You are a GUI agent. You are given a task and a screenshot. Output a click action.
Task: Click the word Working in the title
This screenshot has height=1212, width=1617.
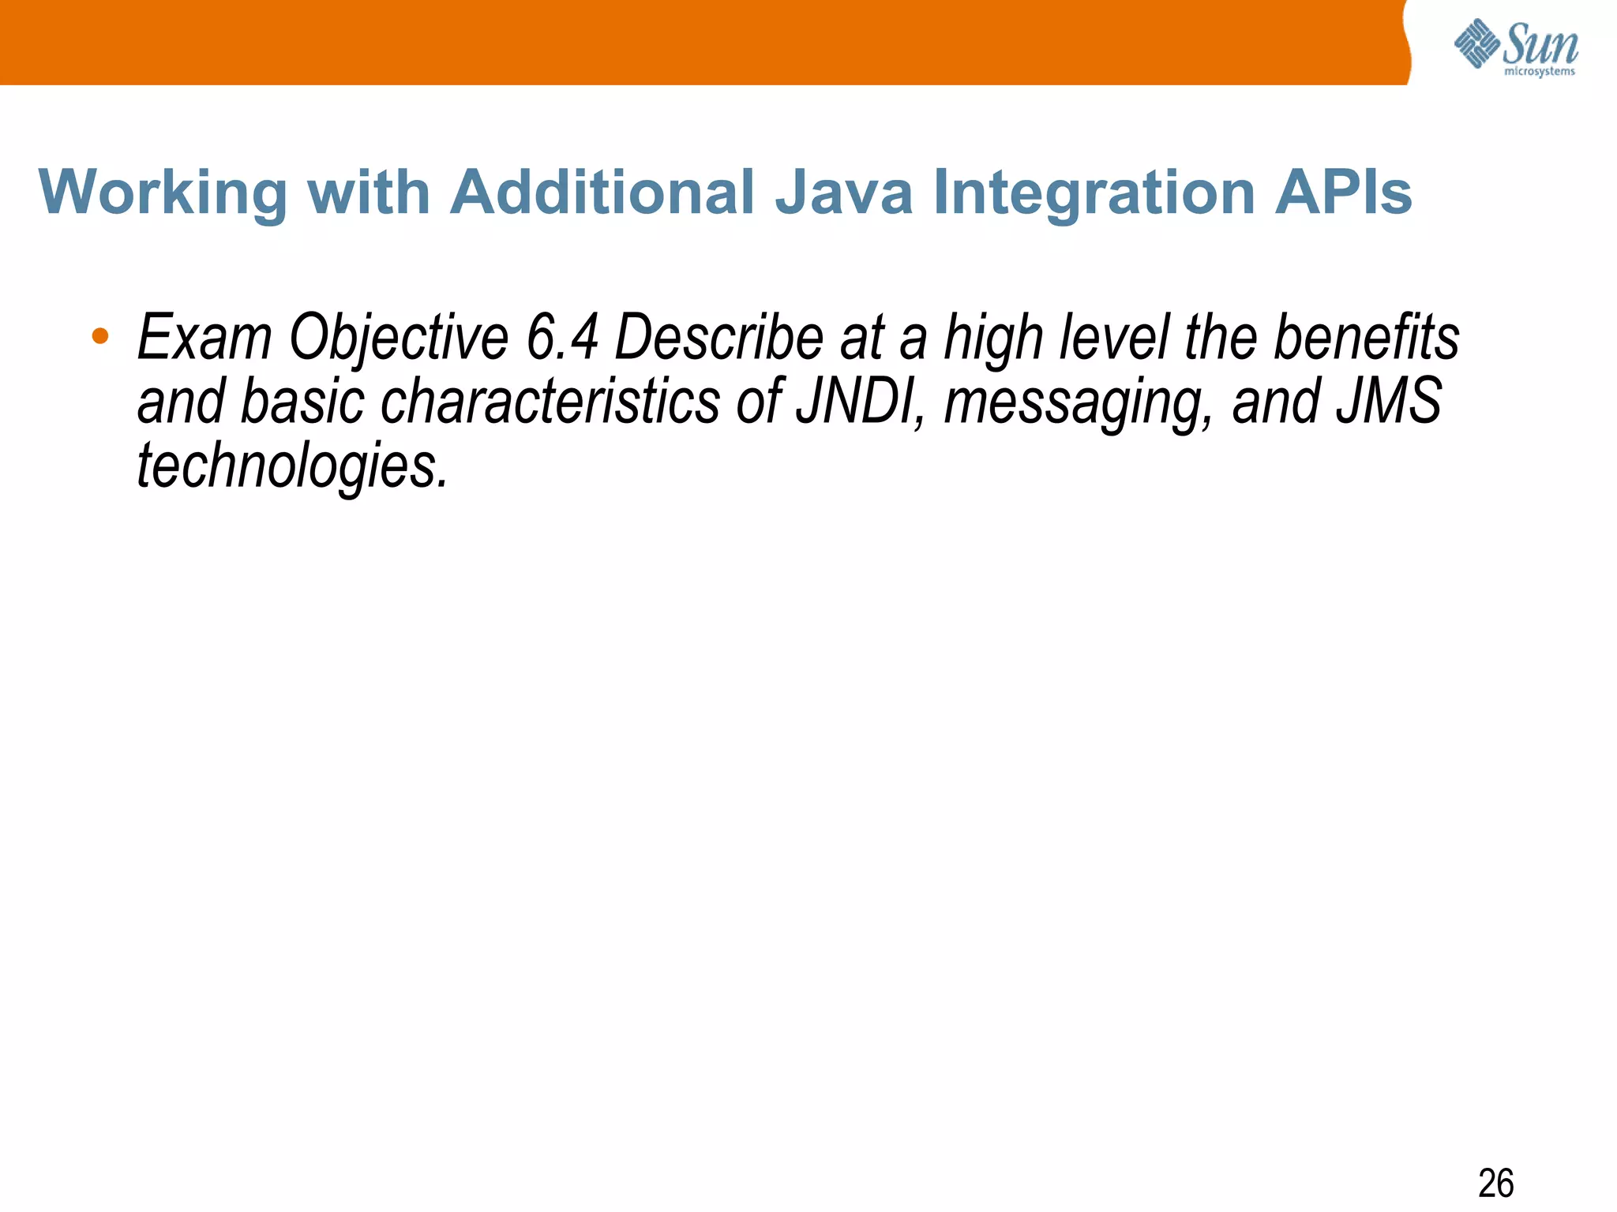click(x=163, y=193)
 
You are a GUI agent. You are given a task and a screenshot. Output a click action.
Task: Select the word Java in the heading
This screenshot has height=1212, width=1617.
click(x=843, y=193)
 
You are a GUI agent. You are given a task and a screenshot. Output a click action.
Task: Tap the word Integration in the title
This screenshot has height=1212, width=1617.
click(x=1094, y=193)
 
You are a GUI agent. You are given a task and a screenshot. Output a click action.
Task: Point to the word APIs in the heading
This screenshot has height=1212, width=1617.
click(x=1343, y=193)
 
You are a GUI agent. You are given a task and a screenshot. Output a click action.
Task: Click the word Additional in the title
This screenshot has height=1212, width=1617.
click(x=602, y=193)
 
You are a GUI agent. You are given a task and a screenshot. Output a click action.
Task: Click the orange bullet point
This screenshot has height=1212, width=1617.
click(x=99, y=336)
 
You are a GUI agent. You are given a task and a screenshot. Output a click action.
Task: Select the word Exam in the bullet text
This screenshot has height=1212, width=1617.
click(x=204, y=338)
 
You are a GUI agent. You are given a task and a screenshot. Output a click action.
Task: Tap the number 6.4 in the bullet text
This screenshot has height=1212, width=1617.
click(x=562, y=338)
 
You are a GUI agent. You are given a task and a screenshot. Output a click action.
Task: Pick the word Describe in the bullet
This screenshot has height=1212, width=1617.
click(x=718, y=338)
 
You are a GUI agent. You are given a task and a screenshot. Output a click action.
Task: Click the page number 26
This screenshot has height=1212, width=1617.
click(x=1495, y=1184)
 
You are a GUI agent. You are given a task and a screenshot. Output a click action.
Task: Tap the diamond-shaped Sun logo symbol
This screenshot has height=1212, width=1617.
click(x=1476, y=43)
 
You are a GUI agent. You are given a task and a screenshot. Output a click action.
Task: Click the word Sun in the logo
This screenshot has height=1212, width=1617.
click(x=1540, y=43)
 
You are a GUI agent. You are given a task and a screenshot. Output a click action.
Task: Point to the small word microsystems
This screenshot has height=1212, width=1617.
click(x=1540, y=72)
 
